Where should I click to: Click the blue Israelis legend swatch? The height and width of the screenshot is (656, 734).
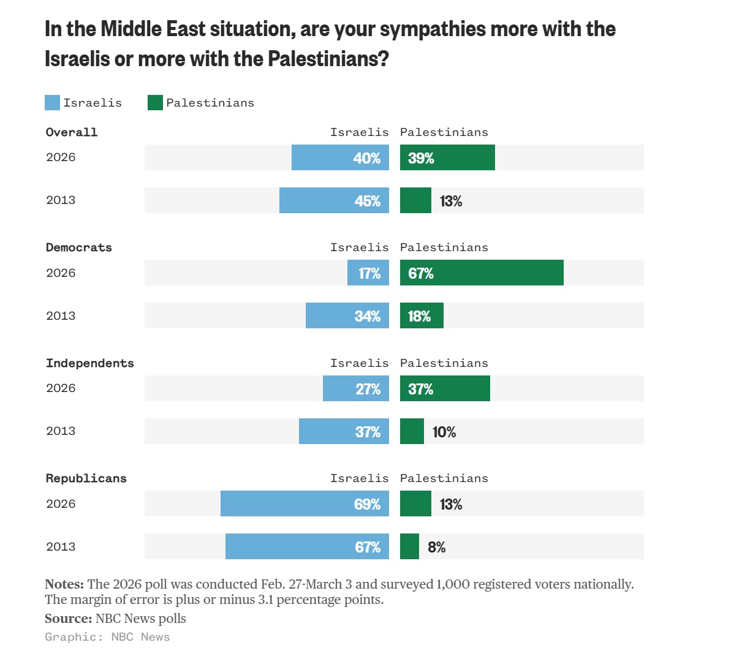52,103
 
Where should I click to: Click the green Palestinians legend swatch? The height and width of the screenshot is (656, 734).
155,103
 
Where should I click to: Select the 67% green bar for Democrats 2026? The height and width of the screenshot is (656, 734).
482,273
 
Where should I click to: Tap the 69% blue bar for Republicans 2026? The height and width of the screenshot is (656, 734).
305,503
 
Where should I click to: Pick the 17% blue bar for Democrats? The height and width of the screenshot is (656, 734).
368,273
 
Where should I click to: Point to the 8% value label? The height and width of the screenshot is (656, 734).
436,547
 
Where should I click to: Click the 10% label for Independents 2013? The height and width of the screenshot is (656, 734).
444,432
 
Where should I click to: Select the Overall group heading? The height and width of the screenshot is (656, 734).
72,132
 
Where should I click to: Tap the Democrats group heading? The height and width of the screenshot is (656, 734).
79,247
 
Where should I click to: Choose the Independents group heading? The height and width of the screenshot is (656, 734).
90,363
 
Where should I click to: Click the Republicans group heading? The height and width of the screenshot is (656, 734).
86,478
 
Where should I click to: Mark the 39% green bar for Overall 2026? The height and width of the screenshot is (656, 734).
447,157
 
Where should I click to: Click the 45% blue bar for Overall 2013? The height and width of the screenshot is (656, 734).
334,200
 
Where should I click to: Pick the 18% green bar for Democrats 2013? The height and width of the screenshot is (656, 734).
422,315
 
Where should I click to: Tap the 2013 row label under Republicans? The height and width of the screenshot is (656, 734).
61,546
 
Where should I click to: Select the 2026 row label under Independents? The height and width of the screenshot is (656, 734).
61,388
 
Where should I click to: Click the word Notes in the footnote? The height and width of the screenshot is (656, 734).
64,584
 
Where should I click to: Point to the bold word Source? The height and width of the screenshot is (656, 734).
68,619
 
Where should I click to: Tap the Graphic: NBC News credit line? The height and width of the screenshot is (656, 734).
107,637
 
